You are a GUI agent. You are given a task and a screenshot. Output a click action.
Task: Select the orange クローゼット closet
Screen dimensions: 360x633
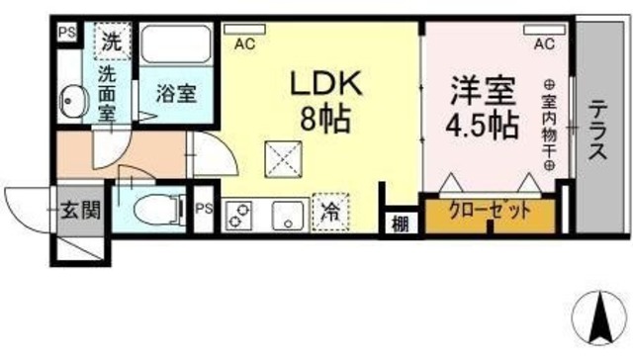point(490,213)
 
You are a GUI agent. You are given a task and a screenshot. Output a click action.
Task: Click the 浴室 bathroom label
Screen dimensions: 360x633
point(177,95)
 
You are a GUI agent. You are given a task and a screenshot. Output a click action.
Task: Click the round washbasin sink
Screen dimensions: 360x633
point(72,100)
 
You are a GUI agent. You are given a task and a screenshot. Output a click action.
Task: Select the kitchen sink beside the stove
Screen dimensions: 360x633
point(287,215)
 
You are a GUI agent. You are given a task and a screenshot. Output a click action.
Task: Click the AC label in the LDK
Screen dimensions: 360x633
point(243,43)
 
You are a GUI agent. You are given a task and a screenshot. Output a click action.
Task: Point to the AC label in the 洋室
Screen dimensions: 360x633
point(543,43)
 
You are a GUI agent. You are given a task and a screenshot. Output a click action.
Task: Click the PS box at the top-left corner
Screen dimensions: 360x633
point(66,32)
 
